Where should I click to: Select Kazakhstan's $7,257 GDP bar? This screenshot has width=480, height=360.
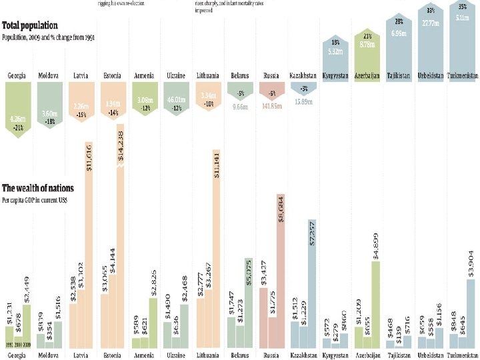[x=312, y=280]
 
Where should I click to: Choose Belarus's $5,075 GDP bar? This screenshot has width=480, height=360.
[x=249, y=300]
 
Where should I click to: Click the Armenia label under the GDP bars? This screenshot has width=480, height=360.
[x=145, y=355]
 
